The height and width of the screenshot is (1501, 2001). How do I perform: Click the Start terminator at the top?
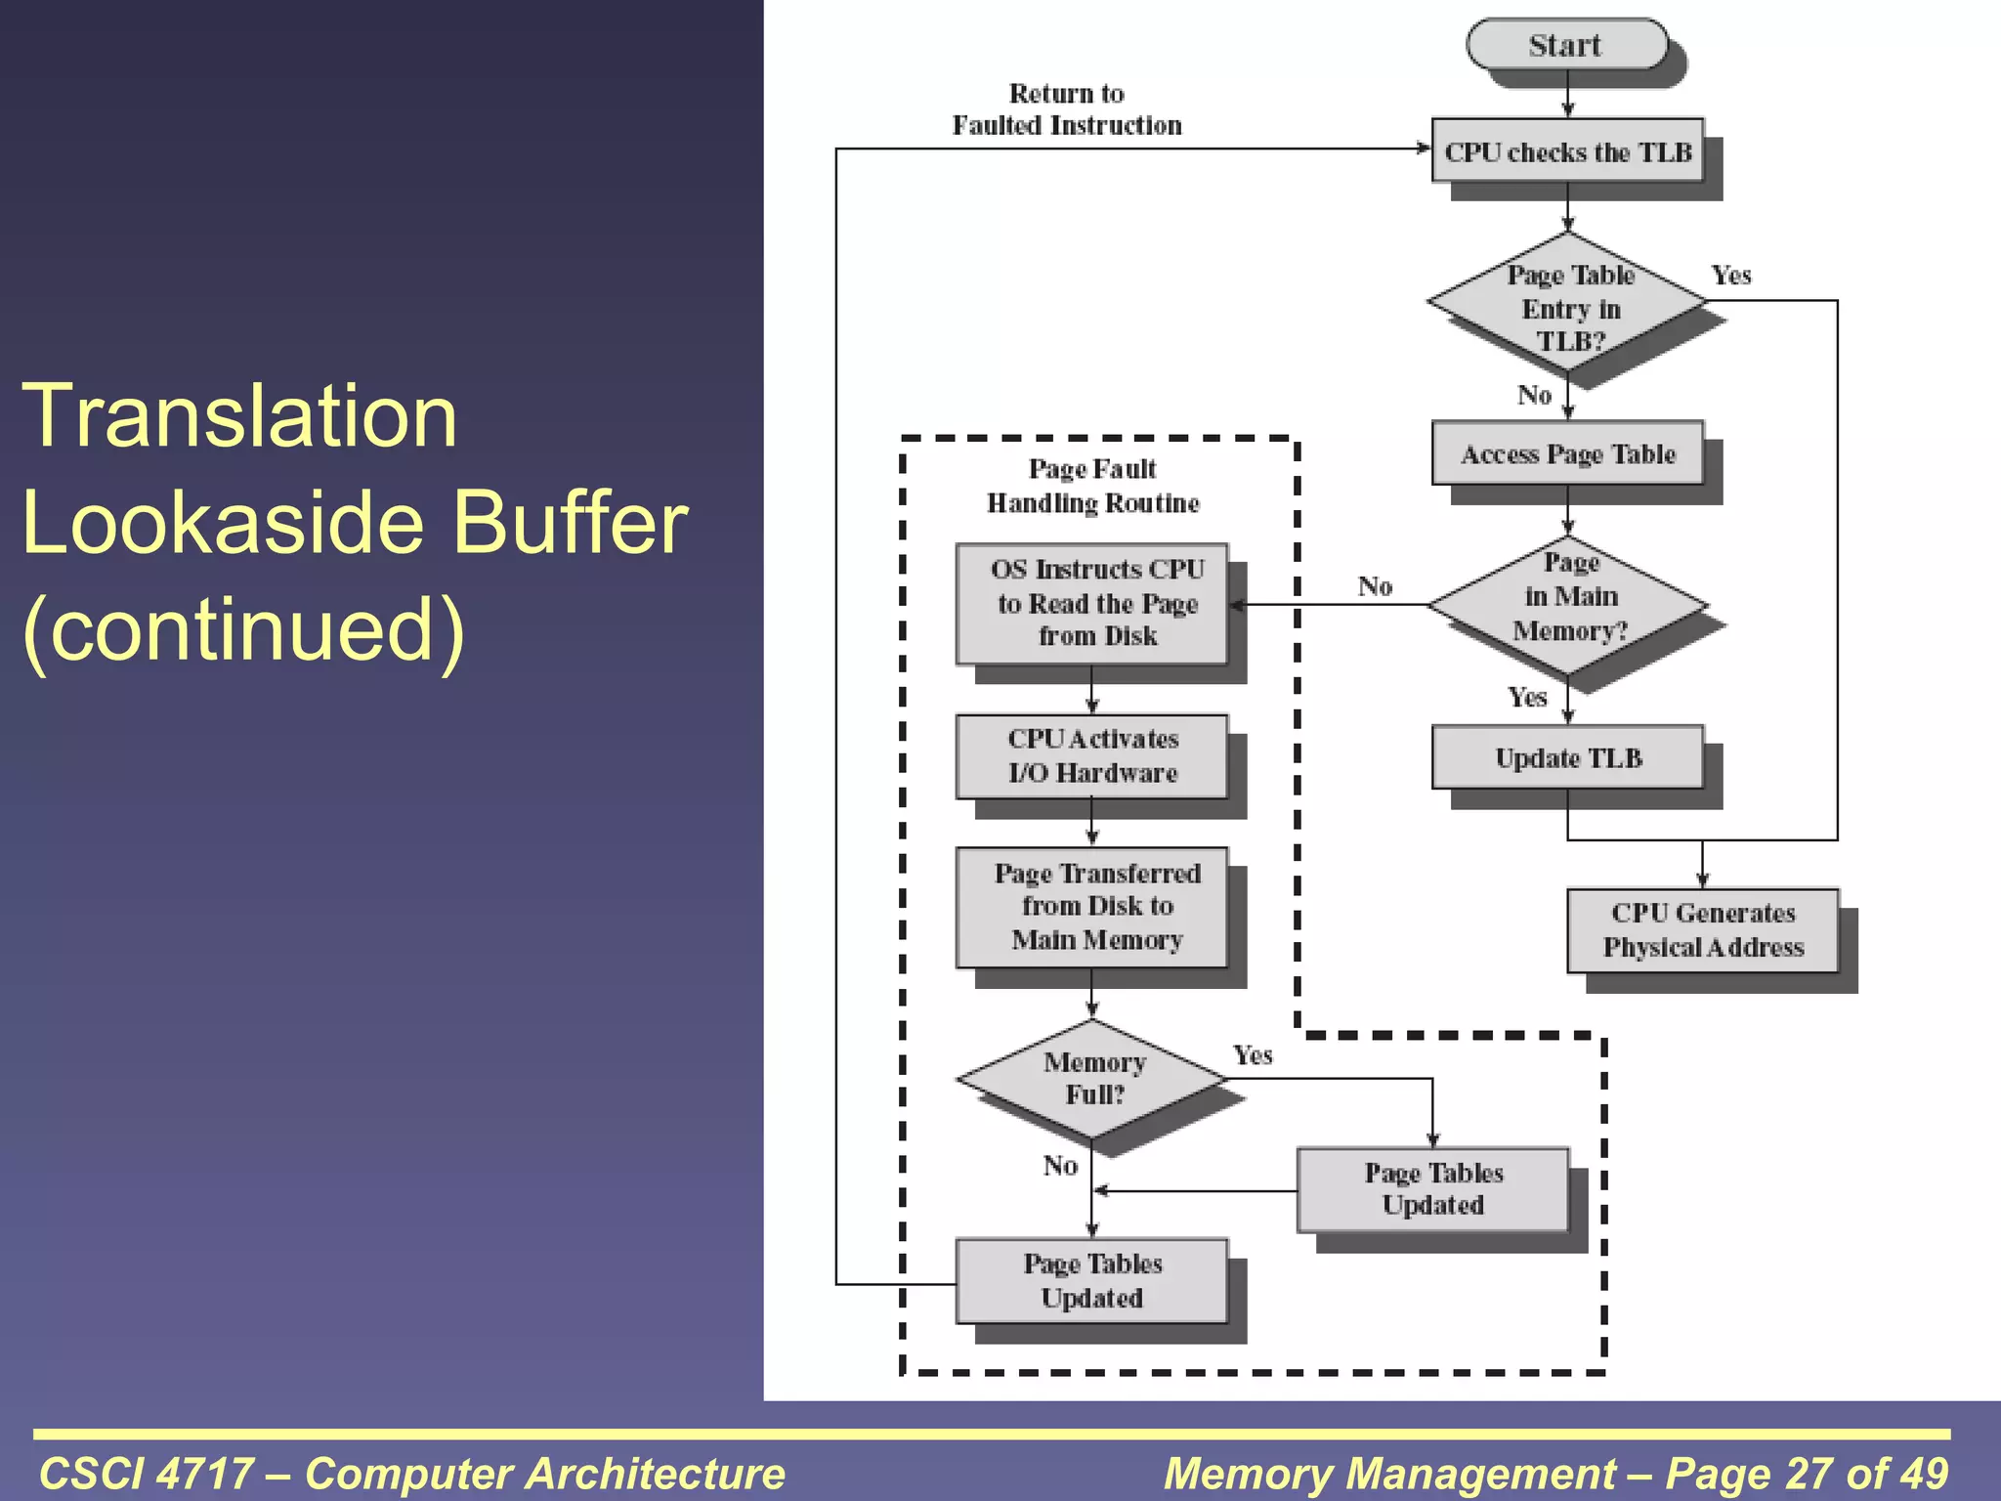1566,45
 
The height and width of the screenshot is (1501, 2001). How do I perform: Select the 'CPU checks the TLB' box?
1567,151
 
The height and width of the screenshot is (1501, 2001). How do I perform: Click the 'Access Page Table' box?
1567,453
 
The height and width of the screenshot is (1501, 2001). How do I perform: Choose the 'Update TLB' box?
1567,757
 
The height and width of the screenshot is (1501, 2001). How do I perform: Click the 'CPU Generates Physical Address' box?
1702,929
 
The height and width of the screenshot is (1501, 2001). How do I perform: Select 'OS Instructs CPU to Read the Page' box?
1092,603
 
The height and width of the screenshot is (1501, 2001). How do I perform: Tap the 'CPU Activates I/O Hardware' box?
1092,755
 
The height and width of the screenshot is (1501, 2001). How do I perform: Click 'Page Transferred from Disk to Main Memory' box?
1092,907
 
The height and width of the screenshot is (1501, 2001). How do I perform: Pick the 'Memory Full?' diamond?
1092,1078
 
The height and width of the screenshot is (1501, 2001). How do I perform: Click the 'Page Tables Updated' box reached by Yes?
1432,1188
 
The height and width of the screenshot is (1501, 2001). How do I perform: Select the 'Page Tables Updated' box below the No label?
1092,1280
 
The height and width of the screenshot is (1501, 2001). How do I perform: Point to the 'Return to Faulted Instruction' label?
1066,109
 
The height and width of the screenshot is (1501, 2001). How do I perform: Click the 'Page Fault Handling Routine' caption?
1092,486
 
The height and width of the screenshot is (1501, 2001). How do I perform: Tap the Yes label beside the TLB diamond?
1730,276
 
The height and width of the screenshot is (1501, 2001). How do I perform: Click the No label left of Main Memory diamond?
1374,586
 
